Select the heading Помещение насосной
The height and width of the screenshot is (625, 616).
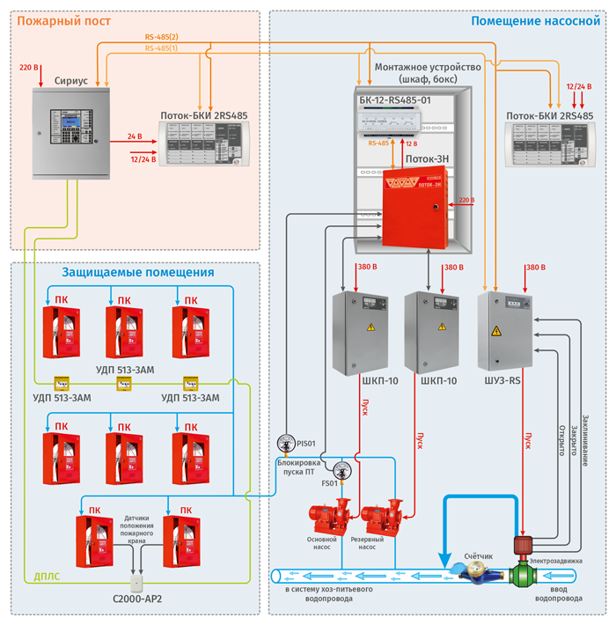(x=536, y=21)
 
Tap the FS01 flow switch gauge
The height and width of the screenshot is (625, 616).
(x=341, y=467)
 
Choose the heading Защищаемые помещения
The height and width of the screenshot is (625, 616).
(x=138, y=273)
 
